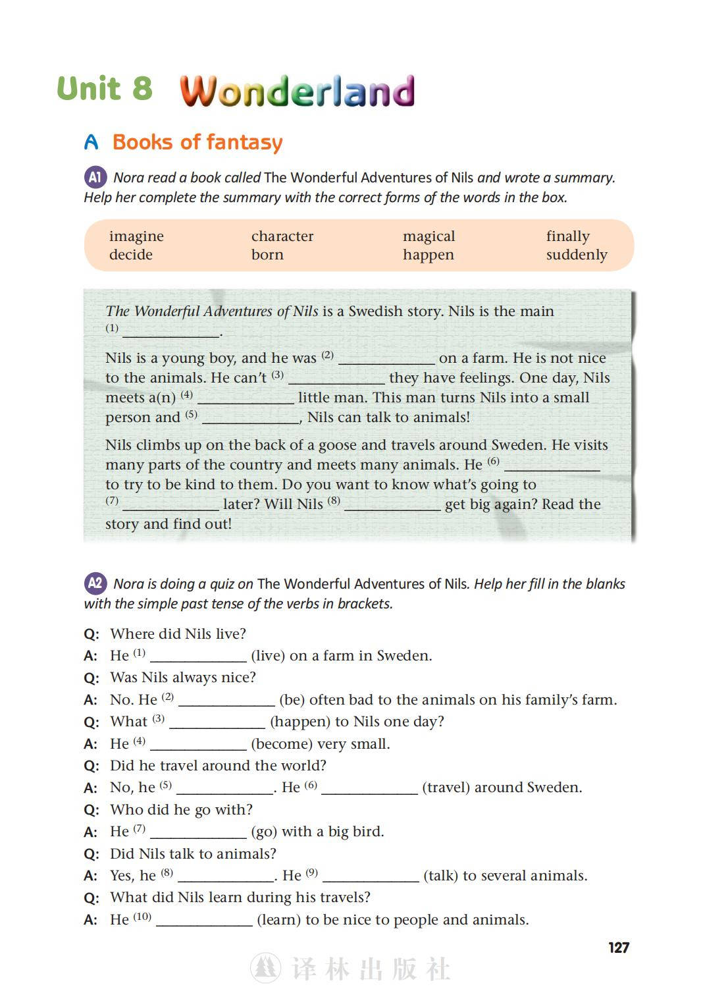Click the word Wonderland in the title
(298, 91)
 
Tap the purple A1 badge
(95, 177)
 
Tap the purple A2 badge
(95, 583)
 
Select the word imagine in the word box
(136, 236)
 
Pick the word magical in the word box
(428, 236)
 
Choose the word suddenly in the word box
(577, 255)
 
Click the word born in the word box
(267, 255)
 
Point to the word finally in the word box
(567, 236)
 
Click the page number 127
(618, 948)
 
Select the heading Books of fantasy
(197, 142)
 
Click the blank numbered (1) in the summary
(170, 331)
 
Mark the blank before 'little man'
(246, 398)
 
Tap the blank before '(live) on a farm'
(198, 657)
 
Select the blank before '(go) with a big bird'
(198, 832)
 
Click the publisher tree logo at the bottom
(265, 969)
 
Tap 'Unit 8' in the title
(105, 89)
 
